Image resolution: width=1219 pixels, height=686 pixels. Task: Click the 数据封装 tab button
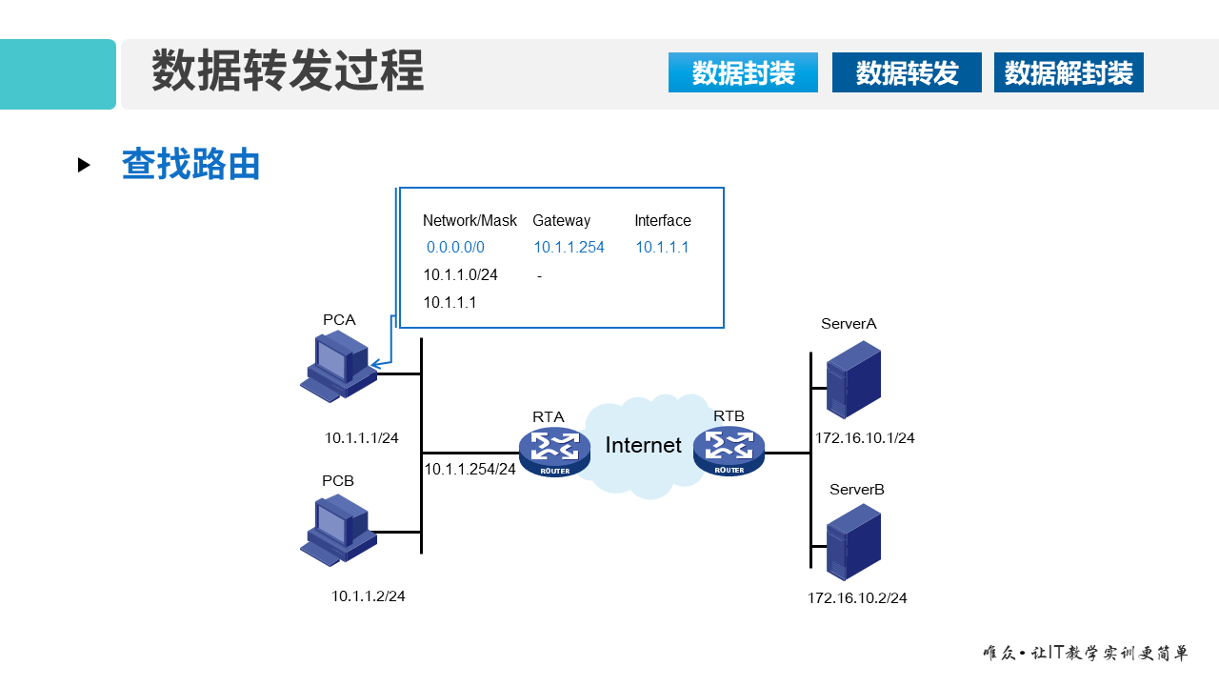743,72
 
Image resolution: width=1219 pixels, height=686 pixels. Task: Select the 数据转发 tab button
907,72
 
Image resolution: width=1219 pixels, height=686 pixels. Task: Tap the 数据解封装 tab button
1069,72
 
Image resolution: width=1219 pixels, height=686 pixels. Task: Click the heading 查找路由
191,165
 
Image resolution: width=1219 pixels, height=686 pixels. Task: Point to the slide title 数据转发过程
288,72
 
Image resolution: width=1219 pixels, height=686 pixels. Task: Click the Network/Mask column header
470,221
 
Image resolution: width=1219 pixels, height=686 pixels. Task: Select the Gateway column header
561,221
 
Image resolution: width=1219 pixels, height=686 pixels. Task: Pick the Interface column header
663,221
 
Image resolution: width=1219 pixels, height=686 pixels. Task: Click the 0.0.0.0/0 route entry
455,248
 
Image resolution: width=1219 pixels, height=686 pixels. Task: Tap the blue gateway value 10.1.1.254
569,248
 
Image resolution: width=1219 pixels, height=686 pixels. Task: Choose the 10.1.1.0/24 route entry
460,275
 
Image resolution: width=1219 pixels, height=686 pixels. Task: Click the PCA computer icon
337,368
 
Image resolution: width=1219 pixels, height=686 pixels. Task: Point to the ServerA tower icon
852,379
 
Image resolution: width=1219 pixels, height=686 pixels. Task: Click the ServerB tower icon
852,542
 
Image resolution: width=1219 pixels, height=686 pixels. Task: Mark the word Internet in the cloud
643,445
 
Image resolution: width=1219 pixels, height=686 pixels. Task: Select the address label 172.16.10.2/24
857,598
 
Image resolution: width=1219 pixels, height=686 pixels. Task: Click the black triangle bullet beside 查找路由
84,165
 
